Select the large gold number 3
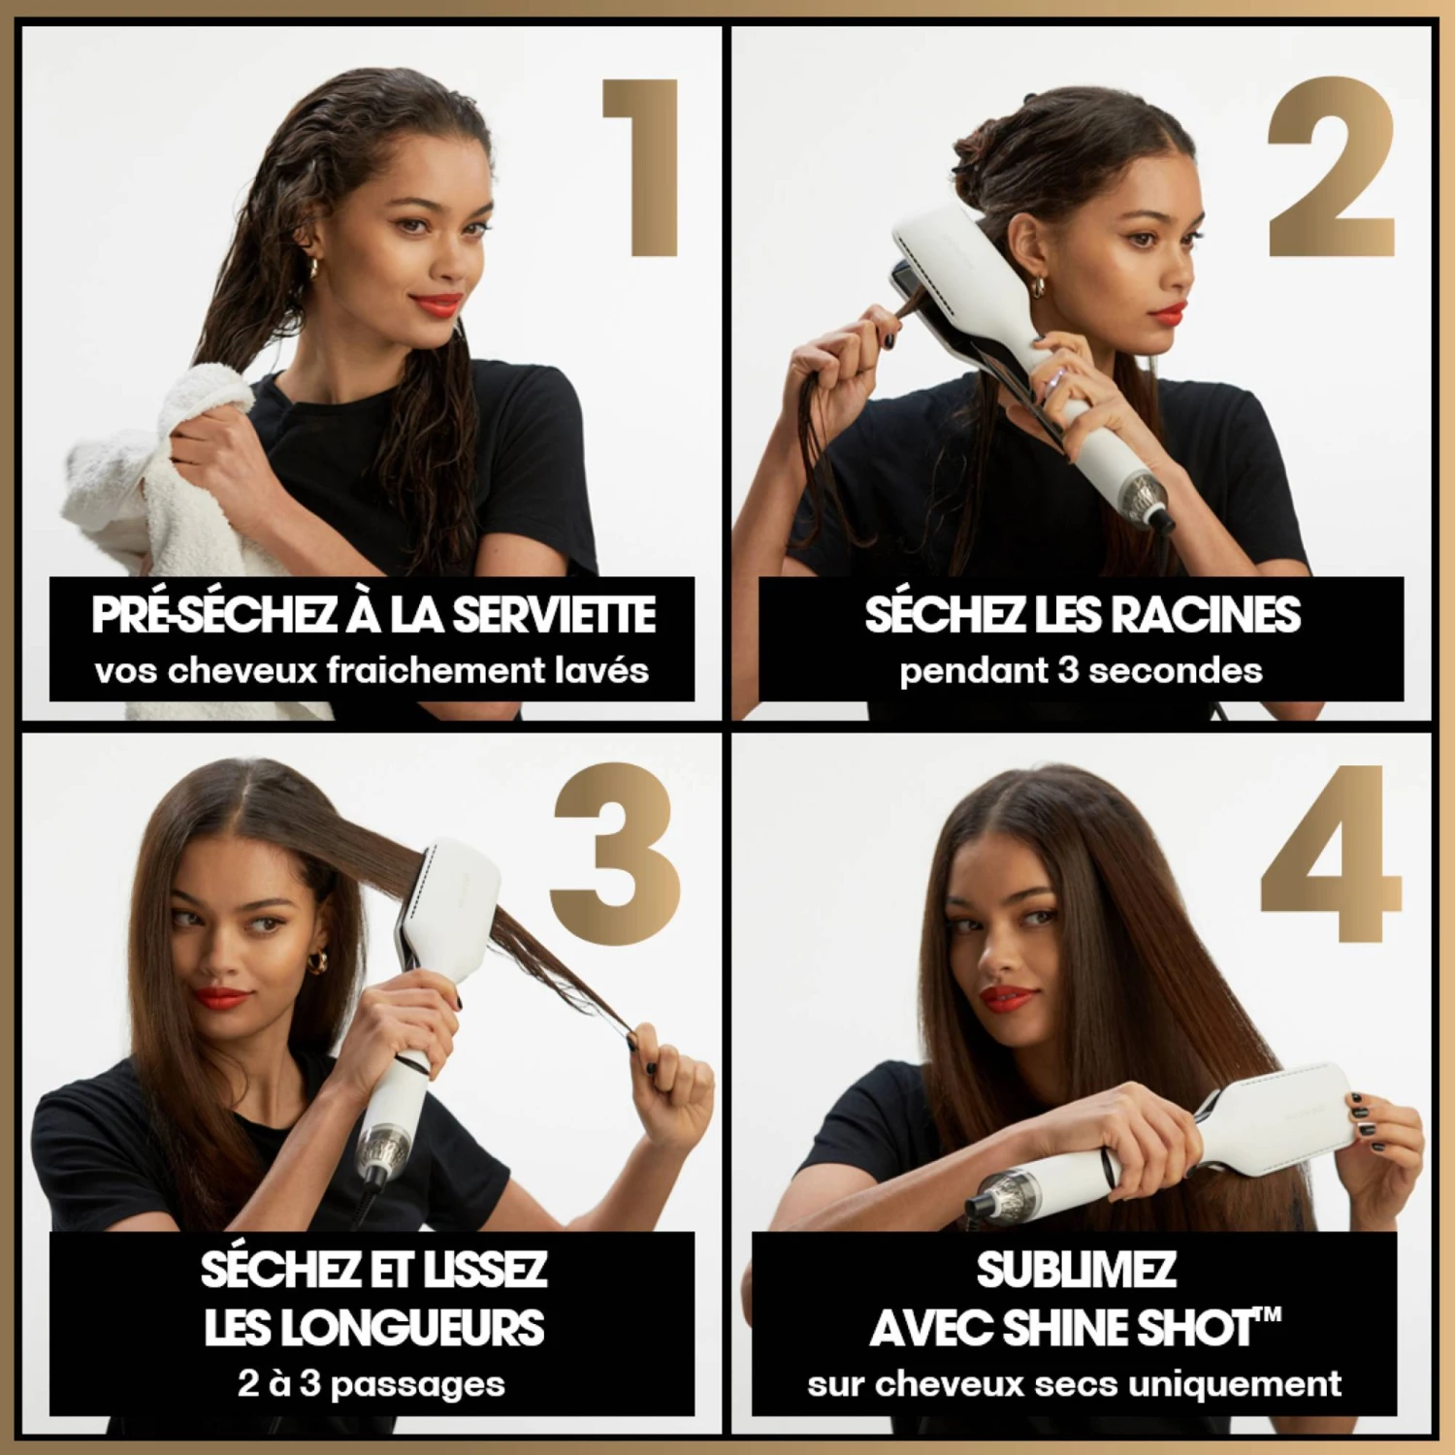point(615,854)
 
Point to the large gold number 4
point(1331,854)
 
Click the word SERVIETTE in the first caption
point(555,615)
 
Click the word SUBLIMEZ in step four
point(1076,1270)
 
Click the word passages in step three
point(417,1384)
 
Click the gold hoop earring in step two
point(1038,287)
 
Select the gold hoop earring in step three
point(317,961)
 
